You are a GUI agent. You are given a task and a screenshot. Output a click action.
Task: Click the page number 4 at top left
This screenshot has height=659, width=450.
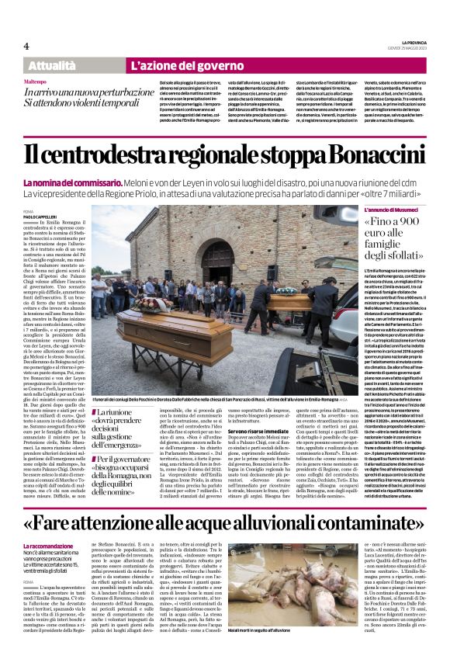coord(26,46)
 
